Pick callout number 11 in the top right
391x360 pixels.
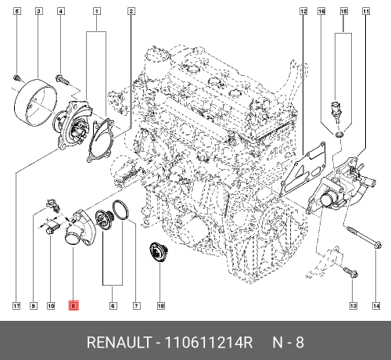(x=365, y=11)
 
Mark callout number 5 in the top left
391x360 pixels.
(x=16, y=11)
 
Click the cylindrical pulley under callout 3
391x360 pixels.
(x=35, y=101)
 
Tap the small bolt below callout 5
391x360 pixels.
(x=15, y=77)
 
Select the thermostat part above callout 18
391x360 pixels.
(x=160, y=254)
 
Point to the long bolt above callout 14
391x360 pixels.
(x=361, y=238)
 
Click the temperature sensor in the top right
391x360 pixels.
(x=336, y=110)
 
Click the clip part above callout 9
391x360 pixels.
(x=54, y=204)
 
